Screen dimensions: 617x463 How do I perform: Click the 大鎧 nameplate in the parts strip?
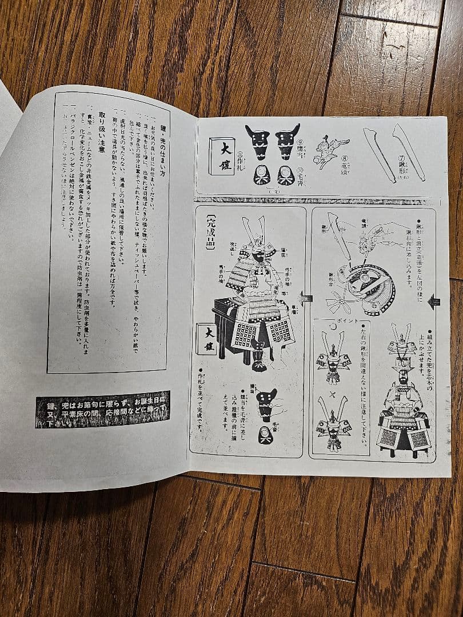222,156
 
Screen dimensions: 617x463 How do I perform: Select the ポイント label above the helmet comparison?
345,320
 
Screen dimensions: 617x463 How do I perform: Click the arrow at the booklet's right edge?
434,301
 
